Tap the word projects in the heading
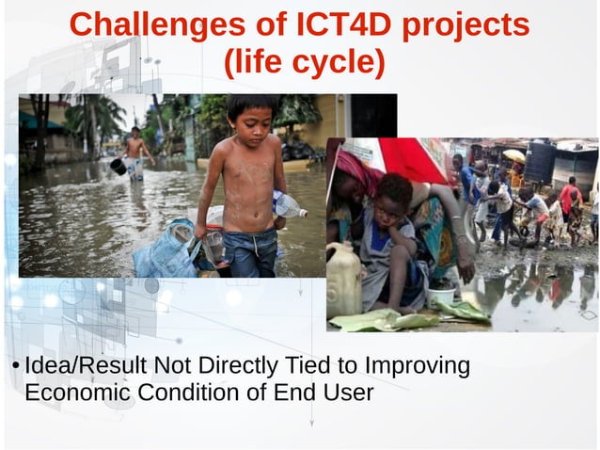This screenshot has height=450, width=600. click(x=466, y=25)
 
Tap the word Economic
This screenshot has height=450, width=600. click(x=78, y=393)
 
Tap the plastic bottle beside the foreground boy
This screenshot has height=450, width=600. click(x=288, y=204)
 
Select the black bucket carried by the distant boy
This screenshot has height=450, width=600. click(x=118, y=166)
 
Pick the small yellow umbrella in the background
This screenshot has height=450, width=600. click(x=514, y=155)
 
